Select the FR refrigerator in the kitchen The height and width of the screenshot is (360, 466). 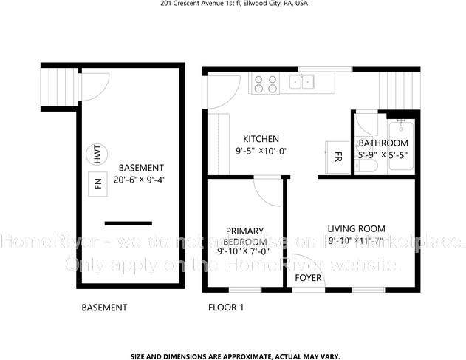click(x=337, y=157)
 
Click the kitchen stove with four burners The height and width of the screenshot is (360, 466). click(x=266, y=84)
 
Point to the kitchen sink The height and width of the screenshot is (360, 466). click(x=302, y=81)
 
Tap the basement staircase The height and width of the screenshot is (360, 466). click(x=58, y=86)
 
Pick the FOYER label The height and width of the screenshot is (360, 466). click(x=308, y=279)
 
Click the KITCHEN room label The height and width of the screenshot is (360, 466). click(x=261, y=139)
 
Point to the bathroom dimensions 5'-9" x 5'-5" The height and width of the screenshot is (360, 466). click(x=383, y=155)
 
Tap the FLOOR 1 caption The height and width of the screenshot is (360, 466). click(x=226, y=308)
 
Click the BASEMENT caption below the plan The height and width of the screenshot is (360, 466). click(x=104, y=308)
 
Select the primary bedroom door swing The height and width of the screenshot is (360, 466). click(x=266, y=191)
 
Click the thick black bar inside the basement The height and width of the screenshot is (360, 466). click(x=128, y=223)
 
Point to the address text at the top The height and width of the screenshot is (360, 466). click(x=234, y=4)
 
